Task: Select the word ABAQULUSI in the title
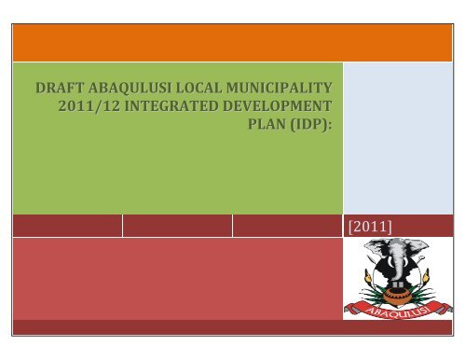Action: pos(139,88)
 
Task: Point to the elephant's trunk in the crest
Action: pos(397,273)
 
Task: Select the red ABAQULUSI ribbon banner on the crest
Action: pos(399,311)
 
